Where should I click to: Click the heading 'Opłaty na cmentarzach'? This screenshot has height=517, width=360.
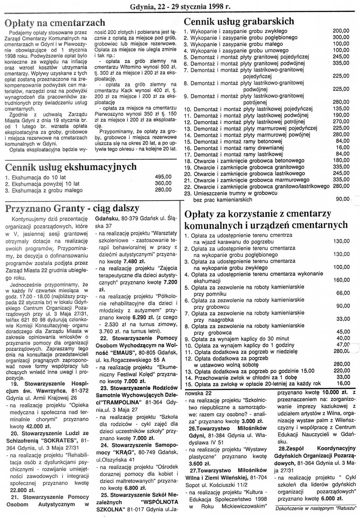pyautogui.click(x=55, y=23)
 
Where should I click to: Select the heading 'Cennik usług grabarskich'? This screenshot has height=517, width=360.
pyautogui.click(x=239, y=22)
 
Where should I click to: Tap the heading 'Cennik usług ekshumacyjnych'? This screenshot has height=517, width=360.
pyautogui.click(x=71, y=167)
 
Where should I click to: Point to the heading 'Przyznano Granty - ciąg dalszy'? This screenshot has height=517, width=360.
pyautogui.click(x=72, y=208)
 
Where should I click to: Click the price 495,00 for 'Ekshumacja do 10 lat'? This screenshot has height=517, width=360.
pyautogui.click(x=163, y=177)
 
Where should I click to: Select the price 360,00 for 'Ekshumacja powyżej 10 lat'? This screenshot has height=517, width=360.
pyautogui.click(x=163, y=183)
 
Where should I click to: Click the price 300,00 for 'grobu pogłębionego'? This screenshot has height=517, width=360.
pyautogui.click(x=341, y=37)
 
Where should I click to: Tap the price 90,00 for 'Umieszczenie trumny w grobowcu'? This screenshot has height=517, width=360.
pyautogui.click(x=342, y=199)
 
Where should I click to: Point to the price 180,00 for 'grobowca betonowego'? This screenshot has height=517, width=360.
pyautogui.click(x=341, y=161)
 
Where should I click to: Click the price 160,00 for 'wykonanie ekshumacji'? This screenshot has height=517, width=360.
pyautogui.click(x=342, y=280)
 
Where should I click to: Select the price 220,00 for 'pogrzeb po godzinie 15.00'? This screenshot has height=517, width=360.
pyautogui.click(x=342, y=371)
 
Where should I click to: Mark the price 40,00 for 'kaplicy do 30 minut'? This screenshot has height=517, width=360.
pyautogui.click(x=343, y=338)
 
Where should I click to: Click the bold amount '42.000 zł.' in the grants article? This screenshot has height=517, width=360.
pyautogui.click(x=35, y=426)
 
